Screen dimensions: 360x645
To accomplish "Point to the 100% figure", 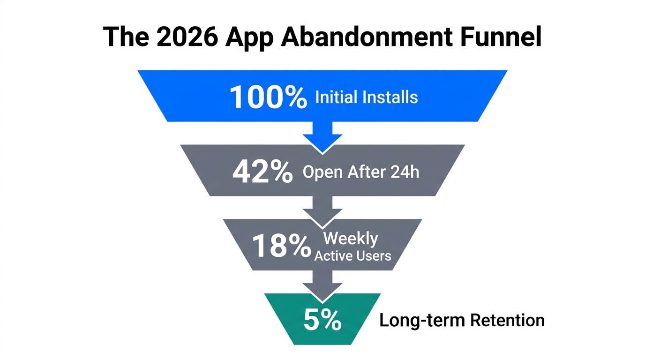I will (x=268, y=97).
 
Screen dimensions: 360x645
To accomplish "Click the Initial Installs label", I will (x=366, y=97).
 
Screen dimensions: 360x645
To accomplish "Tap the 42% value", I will (x=262, y=172).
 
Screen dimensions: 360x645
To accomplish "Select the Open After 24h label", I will (x=361, y=172).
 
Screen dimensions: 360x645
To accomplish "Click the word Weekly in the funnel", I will (x=350, y=239).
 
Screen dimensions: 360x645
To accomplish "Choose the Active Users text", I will (x=352, y=255).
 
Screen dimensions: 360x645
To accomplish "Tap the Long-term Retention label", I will (x=462, y=321).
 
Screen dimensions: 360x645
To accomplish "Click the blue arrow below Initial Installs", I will (x=322, y=136).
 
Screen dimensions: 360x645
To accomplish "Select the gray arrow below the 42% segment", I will (x=322, y=209).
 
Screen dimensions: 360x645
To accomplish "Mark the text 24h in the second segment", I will (x=404, y=172).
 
